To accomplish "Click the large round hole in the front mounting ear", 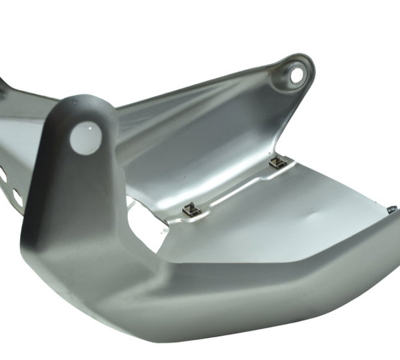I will point(86,137).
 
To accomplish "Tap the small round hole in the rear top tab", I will point(296,75).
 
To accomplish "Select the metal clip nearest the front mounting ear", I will point(191,209).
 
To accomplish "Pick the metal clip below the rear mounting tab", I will point(278,161).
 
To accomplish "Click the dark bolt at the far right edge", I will point(392,210).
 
